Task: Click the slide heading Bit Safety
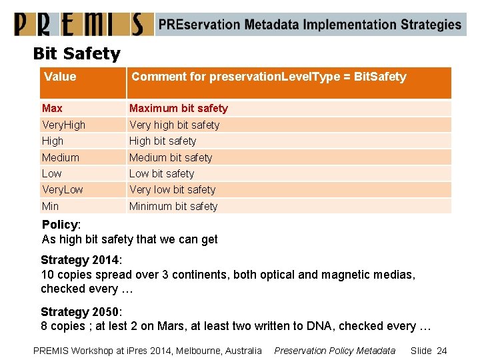tap(77, 53)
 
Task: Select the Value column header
tap(60, 77)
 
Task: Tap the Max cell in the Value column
tap(52, 108)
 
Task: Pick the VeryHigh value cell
tap(63, 125)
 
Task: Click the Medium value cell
tap(60, 157)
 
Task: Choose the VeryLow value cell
tap(62, 190)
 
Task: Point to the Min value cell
tap(50, 206)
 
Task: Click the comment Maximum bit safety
tap(178, 108)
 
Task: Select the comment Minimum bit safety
tap(173, 206)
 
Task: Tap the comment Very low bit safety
tap(172, 190)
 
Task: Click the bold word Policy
tap(59, 225)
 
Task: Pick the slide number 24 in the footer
tap(441, 351)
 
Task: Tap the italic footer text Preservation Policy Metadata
tap(335, 351)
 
